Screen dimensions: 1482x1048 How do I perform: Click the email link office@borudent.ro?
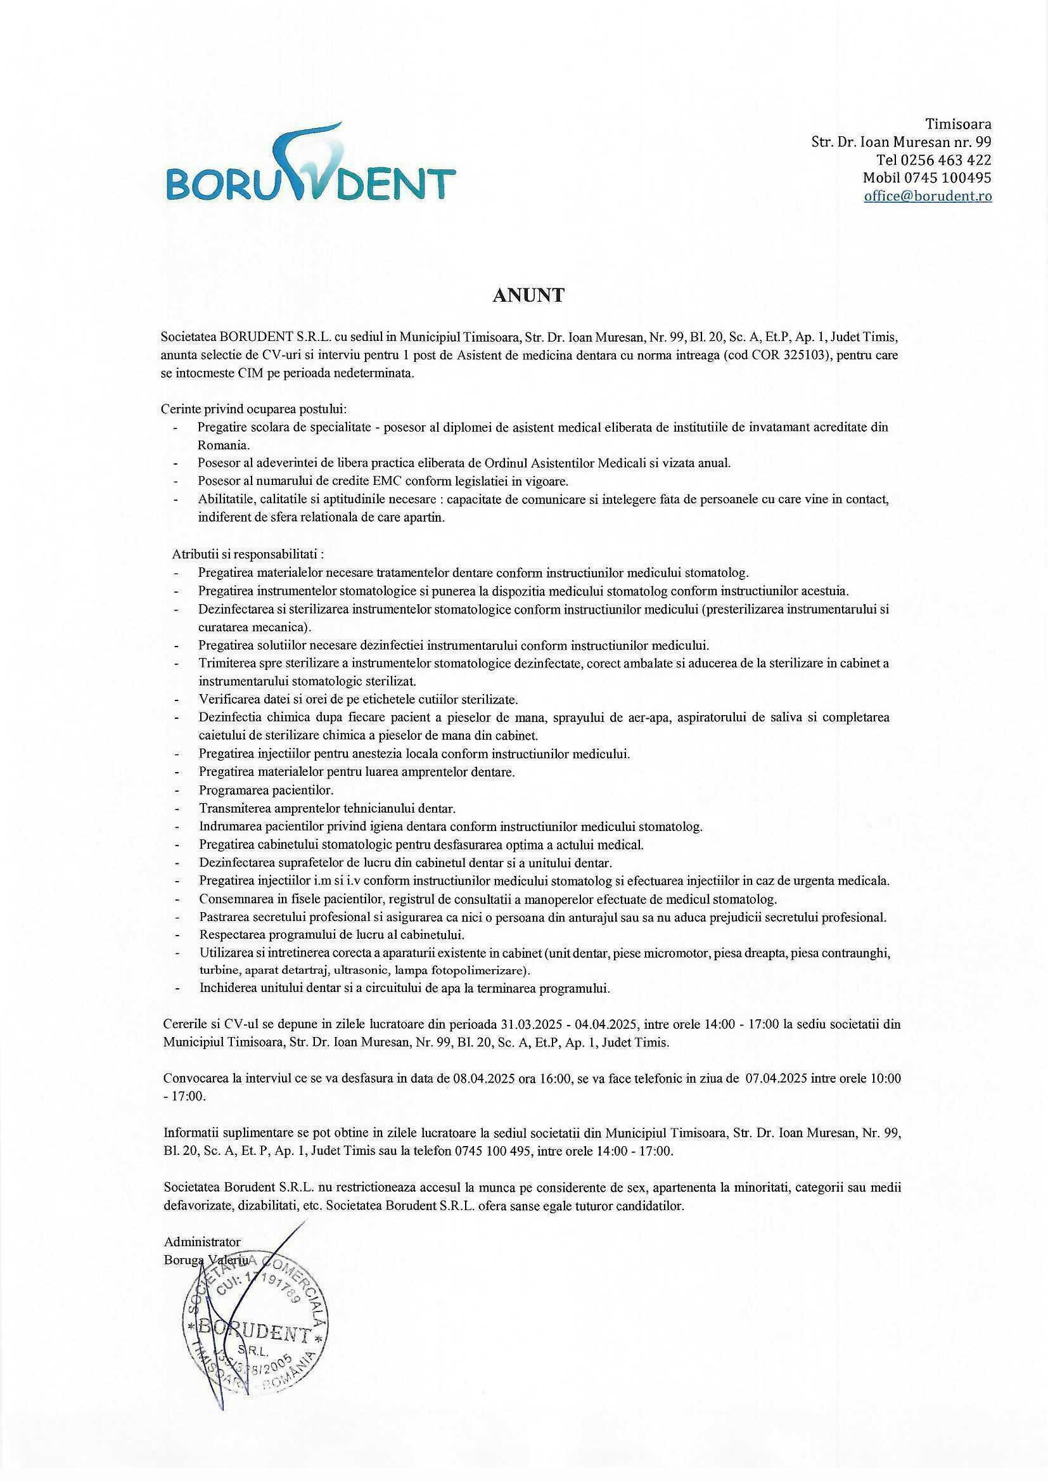(x=928, y=197)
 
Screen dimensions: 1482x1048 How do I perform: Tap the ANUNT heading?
(x=528, y=295)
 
